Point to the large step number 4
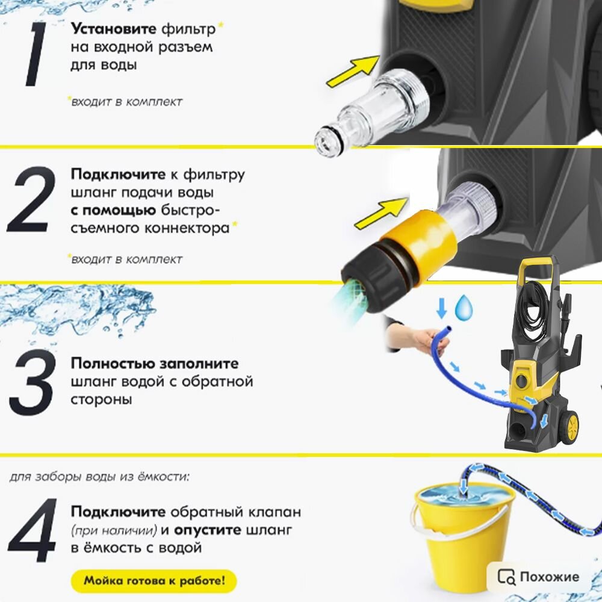pyautogui.click(x=33, y=530)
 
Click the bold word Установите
pyautogui.click(x=114, y=29)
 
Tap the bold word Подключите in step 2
pyautogui.click(x=118, y=175)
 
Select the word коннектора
pyautogui.click(x=187, y=228)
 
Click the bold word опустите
pyautogui.click(x=208, y=530)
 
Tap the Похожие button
pyautogui.click(x=538, y=576)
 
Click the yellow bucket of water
pyautogui.click(x=461, y=533)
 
